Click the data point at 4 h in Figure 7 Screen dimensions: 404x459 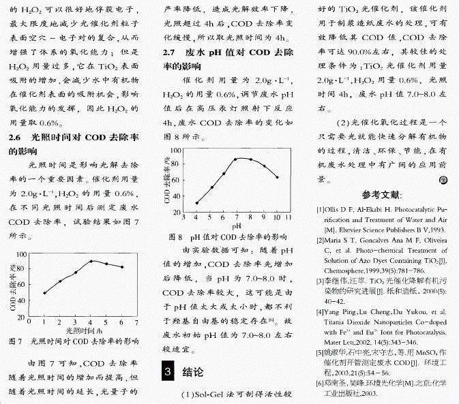click(x=91, y=261)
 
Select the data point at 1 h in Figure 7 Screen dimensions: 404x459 click(x=44, y=293)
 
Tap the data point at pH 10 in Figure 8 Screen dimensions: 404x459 click(x=277, y=177)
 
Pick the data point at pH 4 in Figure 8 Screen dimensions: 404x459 click(x=197, y=203)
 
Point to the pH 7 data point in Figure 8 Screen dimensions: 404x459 click(x=237, y=159)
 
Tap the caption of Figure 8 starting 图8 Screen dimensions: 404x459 click(x=227, y=237)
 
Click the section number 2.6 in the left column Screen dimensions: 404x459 click(x=16, y=137)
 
